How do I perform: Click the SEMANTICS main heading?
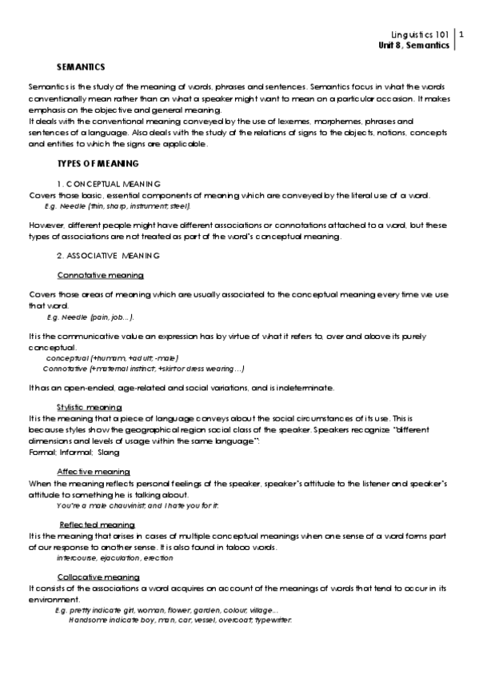pos(81,66)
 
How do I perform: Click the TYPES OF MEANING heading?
pos(98,163)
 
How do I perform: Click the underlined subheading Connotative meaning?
pos(101,275)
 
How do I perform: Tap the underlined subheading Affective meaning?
pos(94,472)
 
